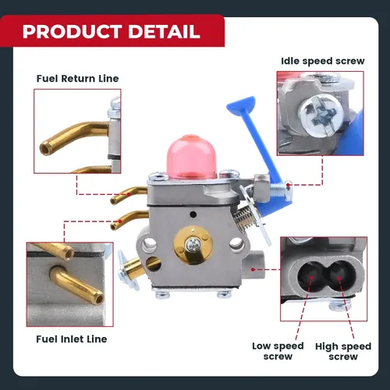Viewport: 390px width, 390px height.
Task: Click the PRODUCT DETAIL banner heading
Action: coord(112,31)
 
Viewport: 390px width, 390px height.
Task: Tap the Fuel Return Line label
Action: coord(77,79)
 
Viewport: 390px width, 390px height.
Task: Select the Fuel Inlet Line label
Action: coord(72,339)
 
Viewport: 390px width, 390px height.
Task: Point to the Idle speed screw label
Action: coord(323,62)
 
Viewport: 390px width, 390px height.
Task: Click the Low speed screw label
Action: coord(278,351)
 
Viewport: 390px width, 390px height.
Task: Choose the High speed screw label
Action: coord(343,351)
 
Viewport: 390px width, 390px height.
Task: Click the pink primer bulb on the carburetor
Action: coord(192,157)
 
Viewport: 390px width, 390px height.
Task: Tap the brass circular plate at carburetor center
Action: coord(193,245)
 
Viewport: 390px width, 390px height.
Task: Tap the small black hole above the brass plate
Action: coord(193,214)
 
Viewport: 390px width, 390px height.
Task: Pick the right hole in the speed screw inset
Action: coord(338,276)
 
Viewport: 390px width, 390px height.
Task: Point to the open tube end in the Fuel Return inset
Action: coord(44,148)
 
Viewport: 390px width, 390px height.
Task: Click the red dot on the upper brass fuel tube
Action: coord(129,194)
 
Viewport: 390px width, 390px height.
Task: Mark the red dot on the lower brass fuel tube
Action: coord(120,222)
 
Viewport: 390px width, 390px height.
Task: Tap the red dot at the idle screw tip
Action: coord(288,185)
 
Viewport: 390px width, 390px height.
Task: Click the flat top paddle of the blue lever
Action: coord(240,105)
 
